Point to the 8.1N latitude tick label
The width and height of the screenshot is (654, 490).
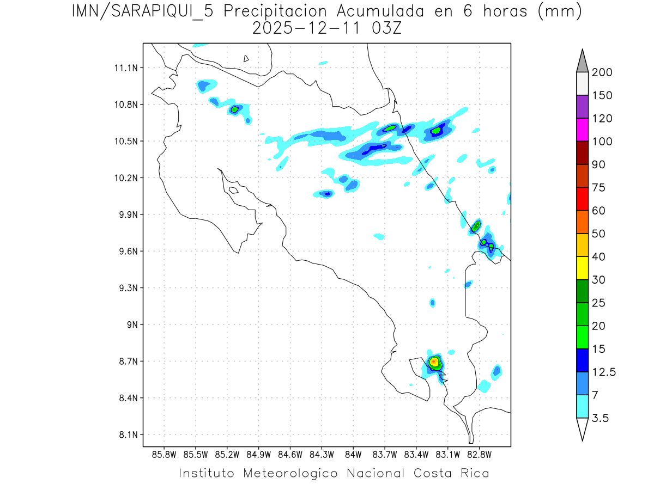click(x=126, y=434)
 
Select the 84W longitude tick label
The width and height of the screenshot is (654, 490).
click(x=353, y=454)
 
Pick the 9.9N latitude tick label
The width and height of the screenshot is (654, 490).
click(x=126, y=215)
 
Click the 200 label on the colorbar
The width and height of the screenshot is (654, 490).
click(x=602, y=72)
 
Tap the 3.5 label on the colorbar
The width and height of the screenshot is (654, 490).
click(x=601, y=418)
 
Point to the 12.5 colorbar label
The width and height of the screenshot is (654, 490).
click(x=603, y=372)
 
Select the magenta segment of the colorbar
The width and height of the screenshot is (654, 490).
click(x=582, y=130)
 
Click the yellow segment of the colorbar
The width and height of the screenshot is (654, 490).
click(x=582, y=268)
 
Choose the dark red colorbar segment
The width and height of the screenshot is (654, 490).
click(x=582, y=152)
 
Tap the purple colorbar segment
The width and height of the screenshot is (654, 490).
click(x=582, y=107)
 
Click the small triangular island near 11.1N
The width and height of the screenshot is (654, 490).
click(x=246, y=59)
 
